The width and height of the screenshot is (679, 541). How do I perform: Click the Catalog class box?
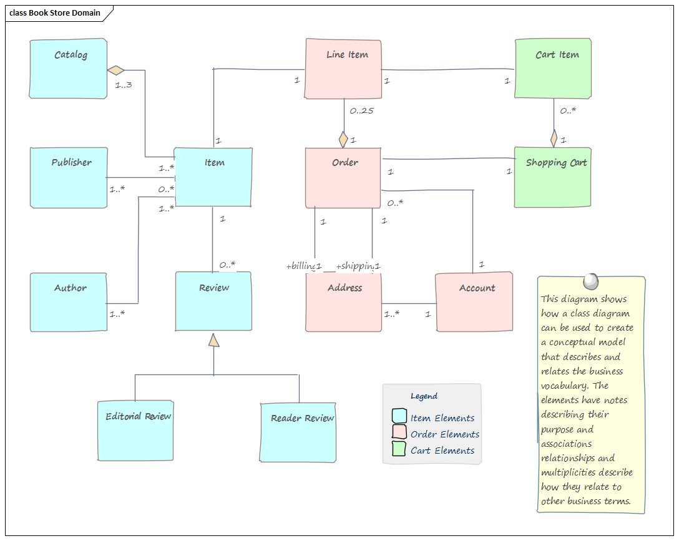pos(68,69)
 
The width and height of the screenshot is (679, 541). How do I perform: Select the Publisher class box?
pos(69,178)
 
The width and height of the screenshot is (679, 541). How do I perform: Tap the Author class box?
pos(69,302)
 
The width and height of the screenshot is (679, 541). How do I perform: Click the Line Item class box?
pos(343,69)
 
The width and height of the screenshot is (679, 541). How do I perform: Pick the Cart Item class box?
pos(553,69)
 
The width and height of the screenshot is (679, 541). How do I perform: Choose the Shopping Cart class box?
pos(552,177)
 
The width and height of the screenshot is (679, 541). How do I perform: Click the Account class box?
pos(474,302)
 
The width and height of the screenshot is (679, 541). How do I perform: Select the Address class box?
pos(343,302)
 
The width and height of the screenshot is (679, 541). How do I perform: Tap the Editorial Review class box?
pos(135,431)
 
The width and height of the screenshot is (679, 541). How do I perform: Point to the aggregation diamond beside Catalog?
pos(116,69)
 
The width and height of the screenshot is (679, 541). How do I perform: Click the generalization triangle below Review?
pos(214,340)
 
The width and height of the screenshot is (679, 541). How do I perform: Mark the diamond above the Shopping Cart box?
pos(554,137)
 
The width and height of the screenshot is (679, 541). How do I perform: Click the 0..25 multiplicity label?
pos(361,111)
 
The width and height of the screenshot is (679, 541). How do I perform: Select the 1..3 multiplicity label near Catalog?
pos(124,85)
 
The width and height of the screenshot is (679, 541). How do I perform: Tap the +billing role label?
pos(301,266)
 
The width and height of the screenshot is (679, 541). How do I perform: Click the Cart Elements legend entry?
pos(442,451)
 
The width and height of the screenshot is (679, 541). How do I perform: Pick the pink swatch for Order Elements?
pos(399,432)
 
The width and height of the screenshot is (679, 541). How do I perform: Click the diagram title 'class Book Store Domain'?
pos(55,13)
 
